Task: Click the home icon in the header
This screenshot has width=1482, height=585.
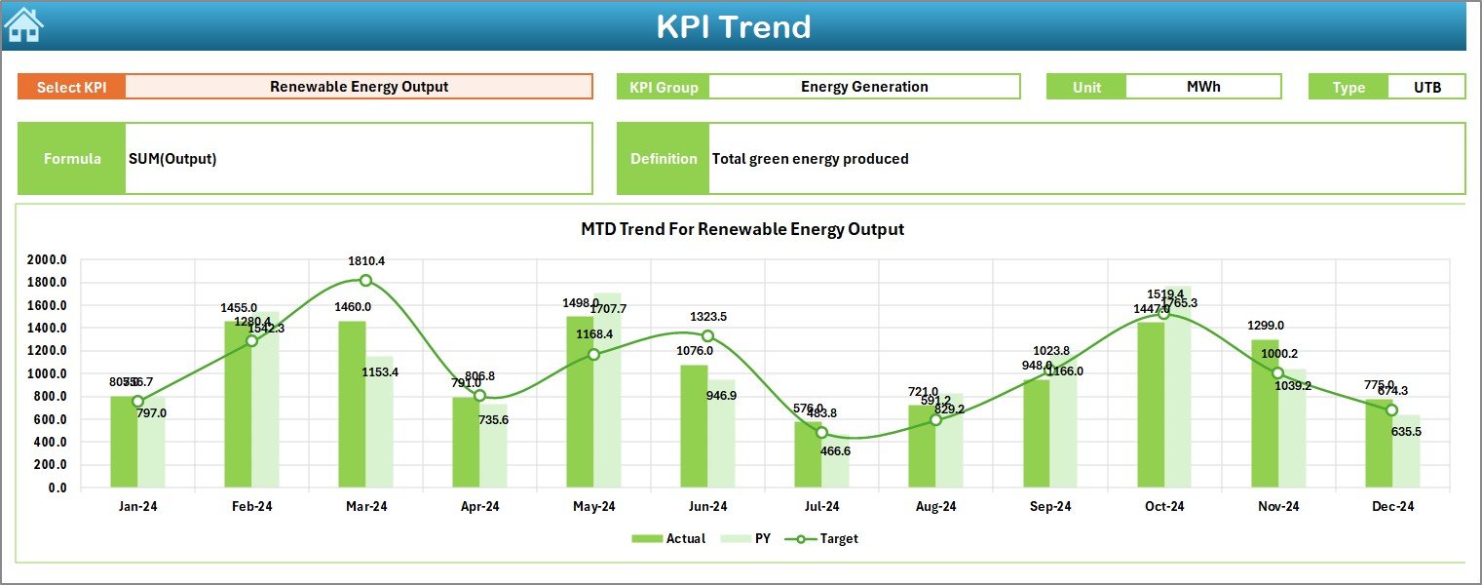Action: [x=24, y=24]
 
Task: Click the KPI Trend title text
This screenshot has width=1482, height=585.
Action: [x=733, y=26]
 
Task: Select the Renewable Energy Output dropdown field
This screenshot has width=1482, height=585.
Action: [x=359, y=87]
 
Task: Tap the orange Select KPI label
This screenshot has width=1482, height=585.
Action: [x=71, y=87]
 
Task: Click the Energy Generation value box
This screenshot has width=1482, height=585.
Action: [x=864, y=87]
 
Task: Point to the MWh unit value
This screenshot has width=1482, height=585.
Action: [x=1203, y=87]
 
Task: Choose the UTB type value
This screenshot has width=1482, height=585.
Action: [x=1427, y=87]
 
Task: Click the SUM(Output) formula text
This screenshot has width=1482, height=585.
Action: [x=172, y=159]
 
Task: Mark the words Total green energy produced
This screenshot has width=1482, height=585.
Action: [x=810, y=159]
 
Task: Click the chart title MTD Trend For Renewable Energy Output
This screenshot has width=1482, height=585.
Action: [x=742, y=230]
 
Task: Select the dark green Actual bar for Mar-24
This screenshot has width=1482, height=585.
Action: [x=352, y=404]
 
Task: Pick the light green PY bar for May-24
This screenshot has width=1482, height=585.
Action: [x=607, y=390]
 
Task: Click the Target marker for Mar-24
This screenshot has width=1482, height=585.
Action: [x=365, y=281]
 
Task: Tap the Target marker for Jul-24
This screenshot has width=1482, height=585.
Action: [x=821, y=432]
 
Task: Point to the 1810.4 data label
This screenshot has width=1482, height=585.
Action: [x=365, y=261]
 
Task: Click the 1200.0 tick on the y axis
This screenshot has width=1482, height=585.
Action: [x=47, y=351]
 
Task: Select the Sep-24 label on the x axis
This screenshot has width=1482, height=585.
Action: [x=1049, y=507]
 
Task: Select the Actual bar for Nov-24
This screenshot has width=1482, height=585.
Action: [x=1265, y=413]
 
